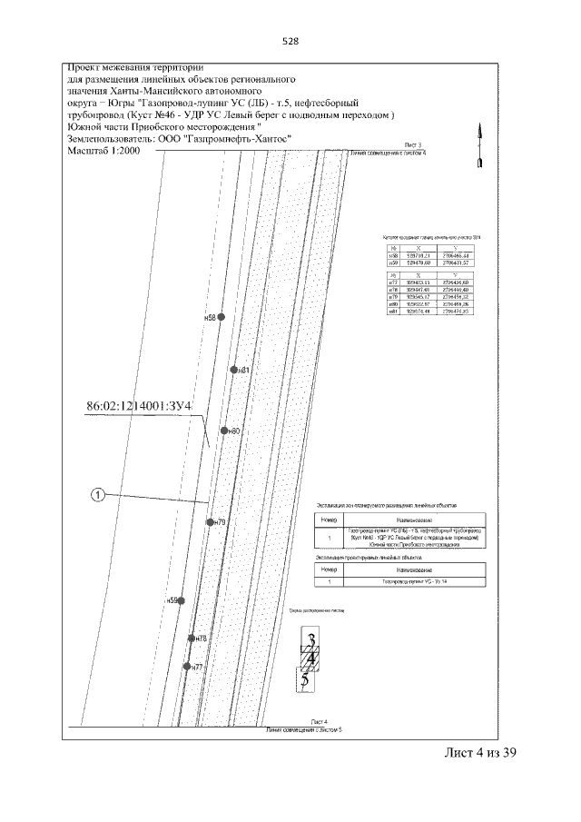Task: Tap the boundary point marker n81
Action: coord(233,370)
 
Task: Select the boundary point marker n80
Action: coord(222,431)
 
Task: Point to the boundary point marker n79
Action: coord(210,522)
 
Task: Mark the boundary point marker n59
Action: coord(182,600)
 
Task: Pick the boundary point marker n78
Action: coord(191,638)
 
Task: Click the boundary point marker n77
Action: coord(186,667)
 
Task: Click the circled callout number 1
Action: coord(98,495)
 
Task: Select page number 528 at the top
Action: coord(291,43)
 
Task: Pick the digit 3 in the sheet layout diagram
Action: coord(311,638)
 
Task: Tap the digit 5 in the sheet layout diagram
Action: coord(305,678)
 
